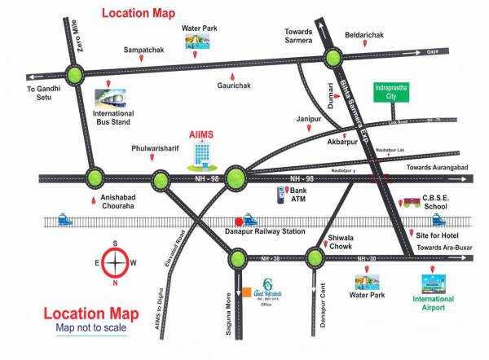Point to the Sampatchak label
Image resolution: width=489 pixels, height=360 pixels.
[143, 50]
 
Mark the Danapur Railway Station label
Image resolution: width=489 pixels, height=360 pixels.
[264, 232]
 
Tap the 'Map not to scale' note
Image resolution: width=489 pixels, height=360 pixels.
[91, 328]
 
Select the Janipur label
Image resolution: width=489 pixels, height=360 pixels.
[309, 119]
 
